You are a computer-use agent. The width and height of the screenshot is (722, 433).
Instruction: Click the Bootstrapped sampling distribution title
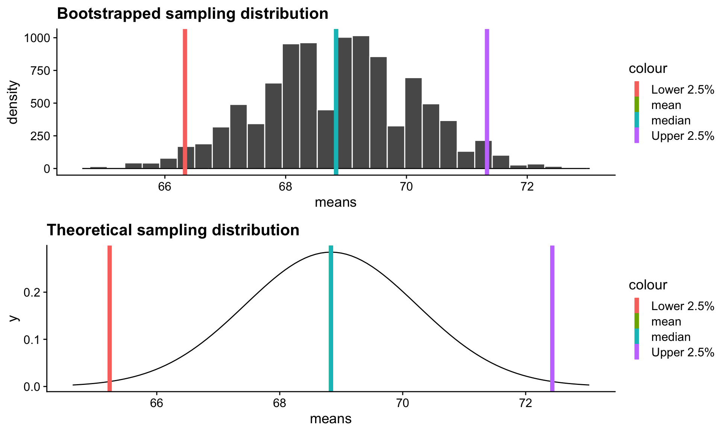[193, 14]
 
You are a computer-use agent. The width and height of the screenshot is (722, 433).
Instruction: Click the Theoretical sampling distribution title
[173, 230]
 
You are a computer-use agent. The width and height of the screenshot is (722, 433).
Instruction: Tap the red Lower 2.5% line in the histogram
[185, 101]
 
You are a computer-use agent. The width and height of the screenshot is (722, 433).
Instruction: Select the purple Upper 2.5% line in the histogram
[487, 101]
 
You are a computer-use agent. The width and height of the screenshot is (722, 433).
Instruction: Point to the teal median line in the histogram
[336, 101]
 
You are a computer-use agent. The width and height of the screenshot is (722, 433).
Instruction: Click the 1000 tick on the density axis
[37, 38]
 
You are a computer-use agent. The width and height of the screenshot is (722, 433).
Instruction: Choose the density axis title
[13, 102]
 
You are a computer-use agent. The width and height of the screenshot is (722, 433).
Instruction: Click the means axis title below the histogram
[335, 203]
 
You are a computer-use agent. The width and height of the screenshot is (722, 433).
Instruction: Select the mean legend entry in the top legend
[666, 105]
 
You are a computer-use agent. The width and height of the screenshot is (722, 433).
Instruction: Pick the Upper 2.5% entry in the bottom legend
[682, 353]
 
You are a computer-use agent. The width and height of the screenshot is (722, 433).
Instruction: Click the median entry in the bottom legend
[670, 337]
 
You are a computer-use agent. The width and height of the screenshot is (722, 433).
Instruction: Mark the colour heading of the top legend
[648, 68]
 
